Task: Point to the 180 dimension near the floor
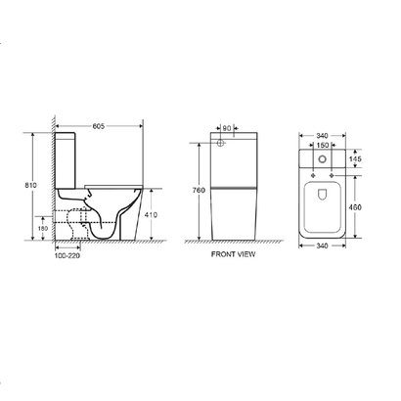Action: [x=41, y=228]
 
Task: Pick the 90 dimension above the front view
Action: [x=228, y=126]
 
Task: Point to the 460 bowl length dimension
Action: [x=359, y=207]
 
